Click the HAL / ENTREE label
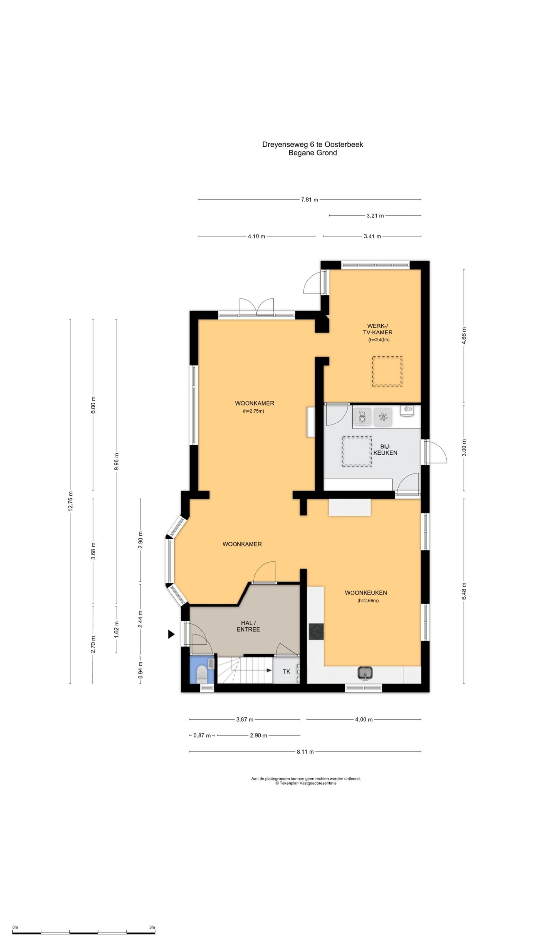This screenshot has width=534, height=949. [x=248, y=626]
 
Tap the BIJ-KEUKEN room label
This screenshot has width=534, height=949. [x=385, y=450]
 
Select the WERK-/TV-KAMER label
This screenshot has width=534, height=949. [x=378, y=329]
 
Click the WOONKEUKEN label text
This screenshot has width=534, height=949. [x=366, y=593]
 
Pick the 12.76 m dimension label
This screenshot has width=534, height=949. [x=70, y=501]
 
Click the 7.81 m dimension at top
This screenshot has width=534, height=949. [x=309, y=200]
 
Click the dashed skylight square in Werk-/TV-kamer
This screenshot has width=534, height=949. [x=387, y=371]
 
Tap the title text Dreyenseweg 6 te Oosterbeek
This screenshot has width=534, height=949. [x=313, y=145]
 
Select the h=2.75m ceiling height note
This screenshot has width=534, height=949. [x=254, y=411]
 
